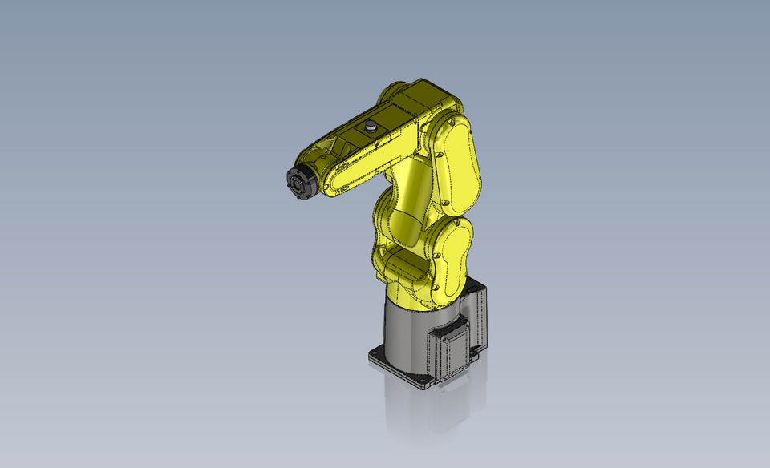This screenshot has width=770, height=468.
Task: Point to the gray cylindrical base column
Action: coord(409,337)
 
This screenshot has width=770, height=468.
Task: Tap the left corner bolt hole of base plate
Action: coord(375,353)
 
